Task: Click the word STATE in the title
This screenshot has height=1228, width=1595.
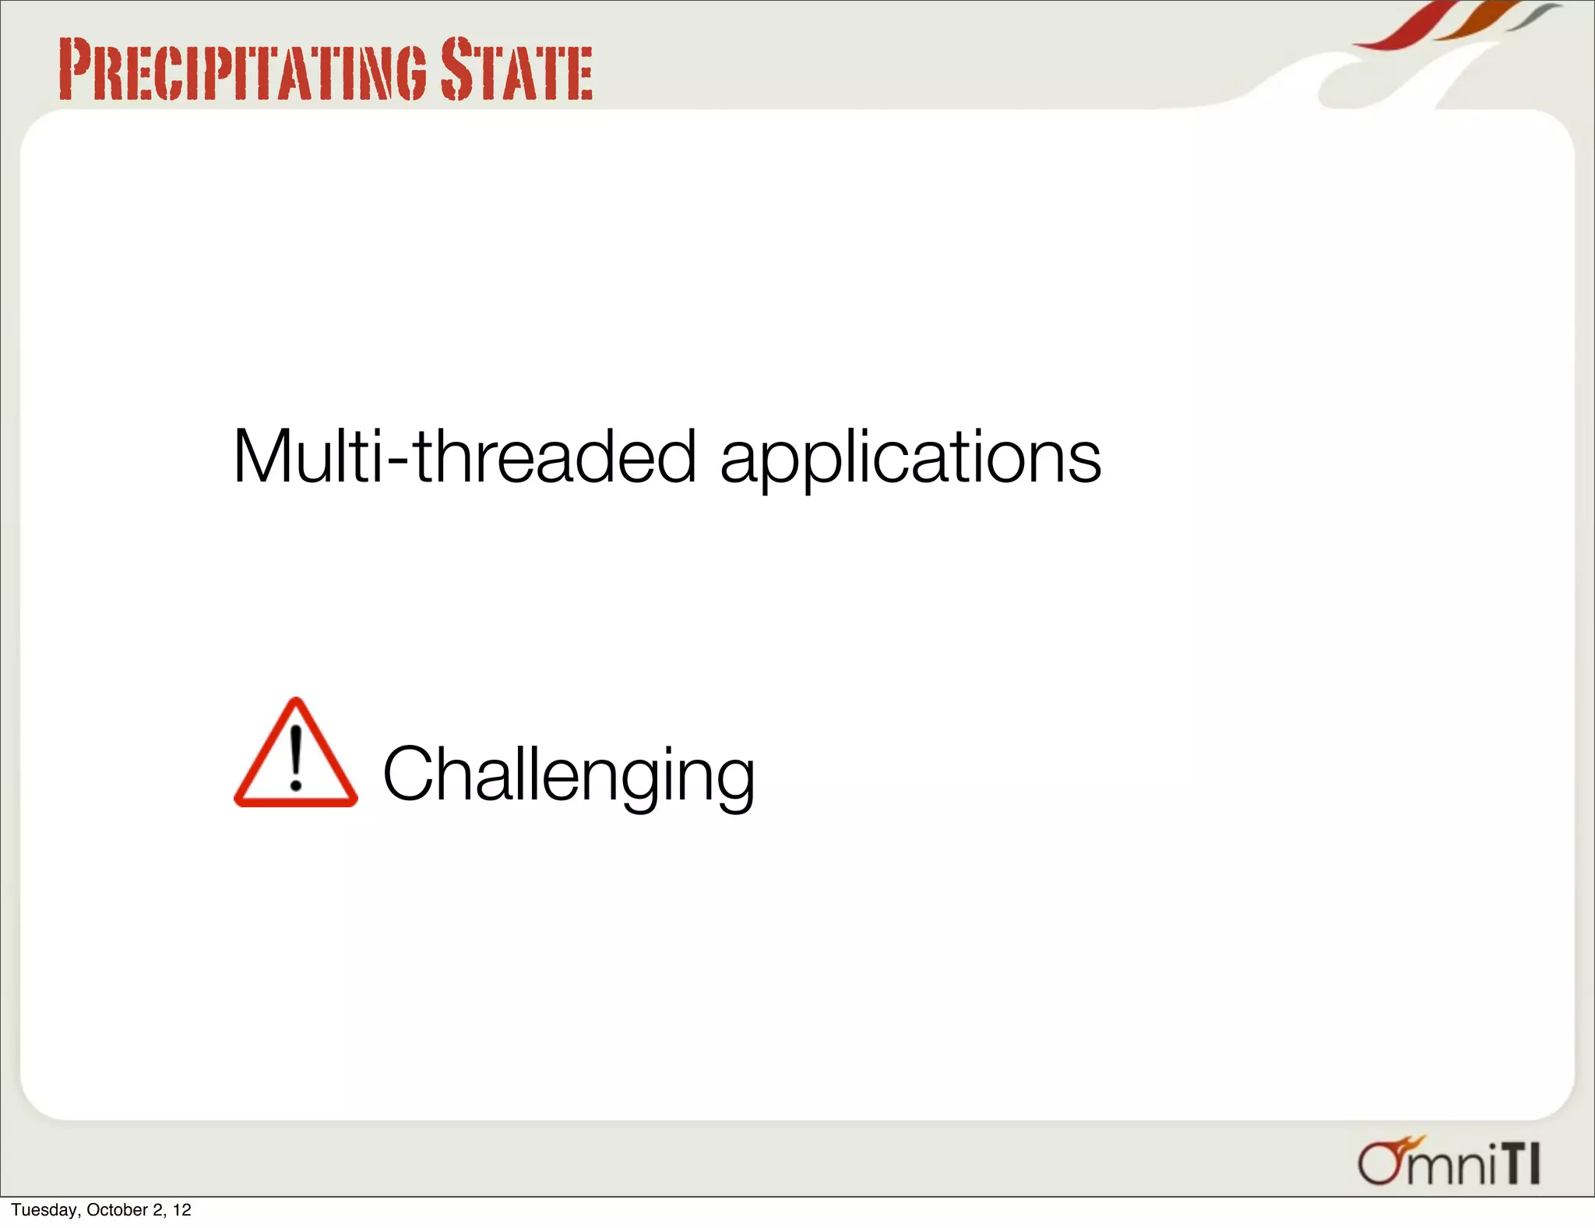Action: click(516, 70)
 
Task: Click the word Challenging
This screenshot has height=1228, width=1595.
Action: click(569, 775)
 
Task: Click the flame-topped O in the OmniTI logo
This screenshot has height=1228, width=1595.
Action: click(1380, 1163)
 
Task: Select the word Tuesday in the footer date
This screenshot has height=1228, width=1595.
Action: click(44, 1209)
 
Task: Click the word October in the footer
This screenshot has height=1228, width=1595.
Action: click(118, 1209)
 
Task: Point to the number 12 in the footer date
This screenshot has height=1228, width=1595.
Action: click(182, 1209)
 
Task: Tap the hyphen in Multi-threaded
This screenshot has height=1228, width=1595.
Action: click(398, 463)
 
